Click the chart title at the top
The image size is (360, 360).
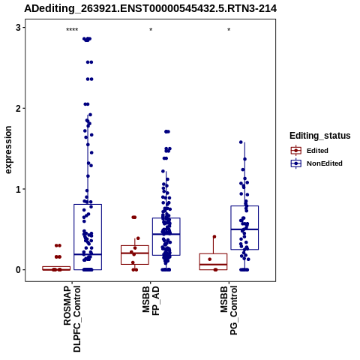[x=151, y=9]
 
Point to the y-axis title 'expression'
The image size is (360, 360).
[x=8, y=150]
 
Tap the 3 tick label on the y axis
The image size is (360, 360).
[x=18, y=28]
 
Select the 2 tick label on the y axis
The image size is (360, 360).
[x=18, y=108]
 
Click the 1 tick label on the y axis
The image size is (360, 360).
[x=18, y=189]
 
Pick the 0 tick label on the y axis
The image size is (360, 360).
[x=18, y=270]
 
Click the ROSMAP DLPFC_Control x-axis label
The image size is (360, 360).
[x=72, y=319]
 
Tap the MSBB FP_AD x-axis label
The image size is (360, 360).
[x=151, y=301]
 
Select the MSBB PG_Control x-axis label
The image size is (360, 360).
[x=229, y=310]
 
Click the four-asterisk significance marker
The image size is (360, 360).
[x=72, y=30]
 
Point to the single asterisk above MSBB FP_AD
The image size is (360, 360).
[x=151, y=30]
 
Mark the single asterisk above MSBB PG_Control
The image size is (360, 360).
[x=229, y=30]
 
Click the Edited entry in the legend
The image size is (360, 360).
[x=317, y=151]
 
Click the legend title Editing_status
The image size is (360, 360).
[x=320, y=136]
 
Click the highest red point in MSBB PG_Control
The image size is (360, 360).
[x=214, y=237]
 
